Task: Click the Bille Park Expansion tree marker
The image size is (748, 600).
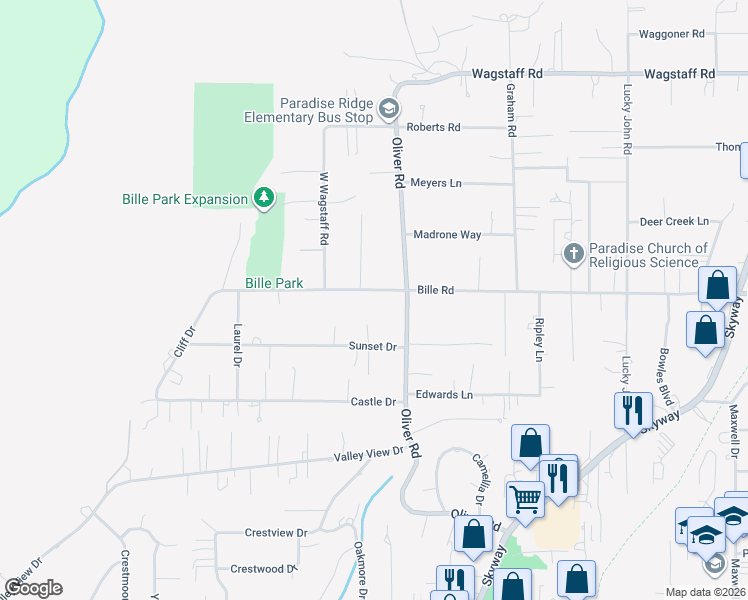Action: (264, 199)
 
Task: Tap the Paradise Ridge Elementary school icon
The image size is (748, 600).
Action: (388, 109)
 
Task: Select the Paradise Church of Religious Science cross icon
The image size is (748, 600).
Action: (574, 254)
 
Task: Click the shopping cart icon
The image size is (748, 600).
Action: (525, 499)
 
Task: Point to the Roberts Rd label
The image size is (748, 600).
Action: (433, 127)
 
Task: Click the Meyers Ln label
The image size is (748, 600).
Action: (436, 184)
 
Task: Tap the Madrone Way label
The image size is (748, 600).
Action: (448, 234)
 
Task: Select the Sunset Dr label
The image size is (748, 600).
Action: (373, 346)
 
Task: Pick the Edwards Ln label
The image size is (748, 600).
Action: (444, 395)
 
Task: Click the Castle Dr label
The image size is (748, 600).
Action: (373, 402)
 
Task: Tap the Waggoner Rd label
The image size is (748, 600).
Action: (672, 34)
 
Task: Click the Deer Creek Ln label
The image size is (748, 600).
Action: (674, 221)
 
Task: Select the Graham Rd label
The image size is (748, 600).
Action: (510, 110)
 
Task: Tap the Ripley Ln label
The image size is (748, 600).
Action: (539, 341)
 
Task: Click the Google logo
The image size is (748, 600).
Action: (33, 588)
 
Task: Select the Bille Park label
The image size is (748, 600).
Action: (274, 283)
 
